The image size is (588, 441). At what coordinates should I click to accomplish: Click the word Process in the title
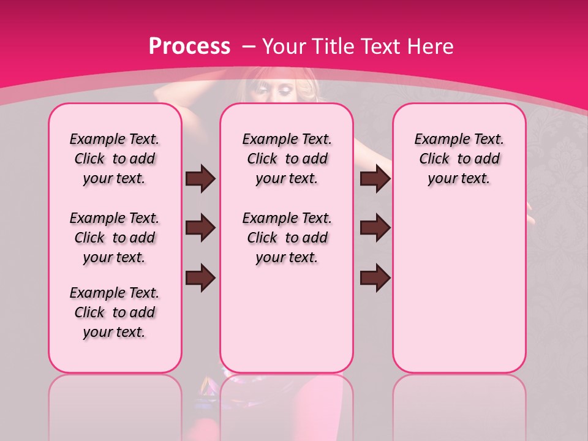189,46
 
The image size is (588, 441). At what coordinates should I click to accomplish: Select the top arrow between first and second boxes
200,179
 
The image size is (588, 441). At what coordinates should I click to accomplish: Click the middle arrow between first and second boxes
200,228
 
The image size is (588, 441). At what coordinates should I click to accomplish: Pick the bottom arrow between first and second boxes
200,277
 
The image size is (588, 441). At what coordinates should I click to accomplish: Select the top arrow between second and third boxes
375,179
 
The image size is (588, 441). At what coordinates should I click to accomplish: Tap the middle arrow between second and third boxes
375,228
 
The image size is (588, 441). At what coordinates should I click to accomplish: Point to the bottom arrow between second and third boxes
375,277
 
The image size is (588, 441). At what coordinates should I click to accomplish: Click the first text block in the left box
115,159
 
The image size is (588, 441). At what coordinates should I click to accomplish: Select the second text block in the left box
115,238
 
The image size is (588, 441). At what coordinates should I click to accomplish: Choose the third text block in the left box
115,312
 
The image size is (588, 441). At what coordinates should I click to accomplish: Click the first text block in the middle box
287,159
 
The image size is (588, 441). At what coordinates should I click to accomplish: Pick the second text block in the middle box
287,238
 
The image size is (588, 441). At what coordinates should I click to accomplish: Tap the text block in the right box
459,159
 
